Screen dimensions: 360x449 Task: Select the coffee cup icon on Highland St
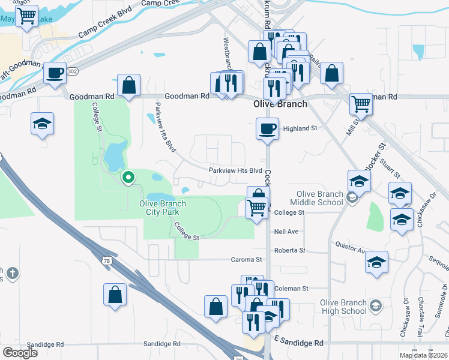pos(267,128)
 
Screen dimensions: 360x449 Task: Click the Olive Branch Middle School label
pos(321,198)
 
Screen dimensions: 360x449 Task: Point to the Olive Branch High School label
pos(344,307)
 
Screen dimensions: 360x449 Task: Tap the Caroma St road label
pos(247,260)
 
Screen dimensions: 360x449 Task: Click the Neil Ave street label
pos(286,231)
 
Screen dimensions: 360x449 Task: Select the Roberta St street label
pos(289,250)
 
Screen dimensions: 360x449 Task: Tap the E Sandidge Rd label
pos(298,343)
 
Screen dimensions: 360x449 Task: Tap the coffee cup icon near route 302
pos(55,73)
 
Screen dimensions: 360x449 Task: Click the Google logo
pos(19,352)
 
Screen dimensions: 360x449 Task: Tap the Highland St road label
pos(300,128)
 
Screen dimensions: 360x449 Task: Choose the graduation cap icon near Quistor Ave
pos(376,262)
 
